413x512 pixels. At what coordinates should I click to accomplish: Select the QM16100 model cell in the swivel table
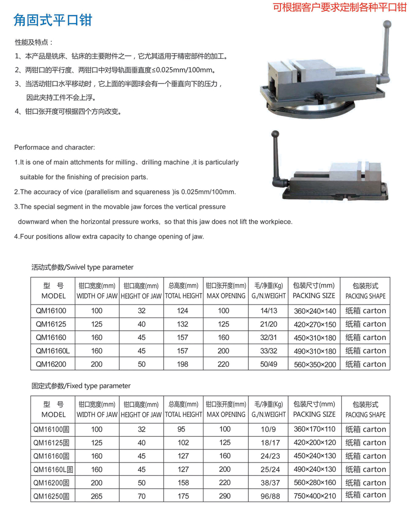(47, 311)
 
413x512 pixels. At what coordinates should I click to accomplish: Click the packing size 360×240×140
(314, 311)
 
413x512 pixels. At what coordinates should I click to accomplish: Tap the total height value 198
(184, 364)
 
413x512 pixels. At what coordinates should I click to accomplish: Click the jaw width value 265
(97, 494)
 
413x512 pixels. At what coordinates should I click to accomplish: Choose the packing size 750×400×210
(314, 494)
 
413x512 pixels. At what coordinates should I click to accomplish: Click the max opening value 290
(225, 494)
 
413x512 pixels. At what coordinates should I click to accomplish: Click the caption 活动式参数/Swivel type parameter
(83, 267)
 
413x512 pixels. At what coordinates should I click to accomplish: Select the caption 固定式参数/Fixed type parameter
(81, 386)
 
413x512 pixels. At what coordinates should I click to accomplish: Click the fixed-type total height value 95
(184, 429)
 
